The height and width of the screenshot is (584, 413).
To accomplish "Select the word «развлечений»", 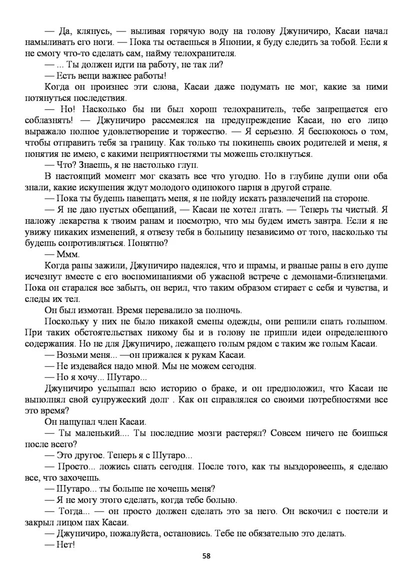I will [299, 199].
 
